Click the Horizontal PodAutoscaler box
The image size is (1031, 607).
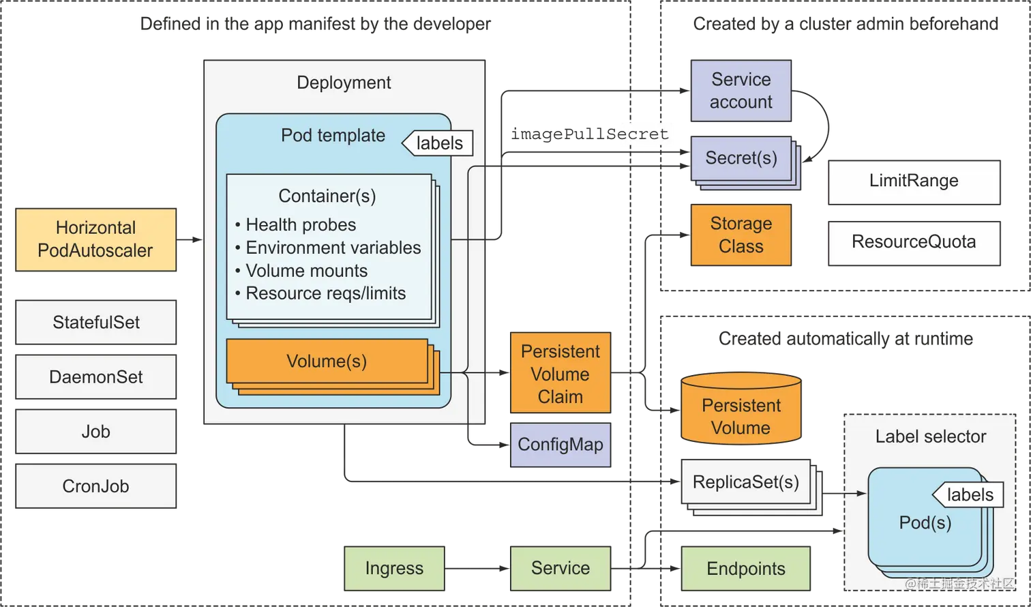pyautogui.click(x=96, y=239)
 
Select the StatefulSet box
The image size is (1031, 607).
pyautogui.click(x=96, y=322)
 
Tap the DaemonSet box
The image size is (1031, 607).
pyautogui.click(x=96, y=376)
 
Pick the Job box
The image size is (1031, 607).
pyautogui.click(x=96, y=431)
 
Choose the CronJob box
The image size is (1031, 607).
pyautogui.click(x=96, y=486)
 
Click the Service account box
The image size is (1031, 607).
pyautogui.click(x=741, y=91)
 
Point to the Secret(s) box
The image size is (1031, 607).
pyautogui.click(x=741, y=158)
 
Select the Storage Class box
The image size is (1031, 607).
pyautogui.click(x=741, y=235)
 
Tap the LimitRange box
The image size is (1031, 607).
pyautogui.click(x=914, y=181)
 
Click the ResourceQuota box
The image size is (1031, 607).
pyautogui.click(x=914, y=241)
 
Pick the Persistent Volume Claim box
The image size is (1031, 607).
pyautogui.click(x=560, y=374)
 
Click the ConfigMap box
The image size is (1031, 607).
pyautogui.click(x=560, y=445)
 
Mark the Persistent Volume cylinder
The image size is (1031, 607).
pyautogui.click(x=741, y=413)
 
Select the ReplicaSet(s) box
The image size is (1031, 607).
pyautogui.click(x=745, y=482)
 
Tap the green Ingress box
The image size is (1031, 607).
pyautogui.click(x=394, y=568)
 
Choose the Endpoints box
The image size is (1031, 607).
pyautogui.click(x=746, y=568)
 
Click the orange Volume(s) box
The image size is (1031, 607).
pyautogui.click(x=327, y=361)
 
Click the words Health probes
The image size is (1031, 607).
pyautogui.click(x=301, y=224)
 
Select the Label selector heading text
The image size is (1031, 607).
pyautogui.click(x=930, y=436)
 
